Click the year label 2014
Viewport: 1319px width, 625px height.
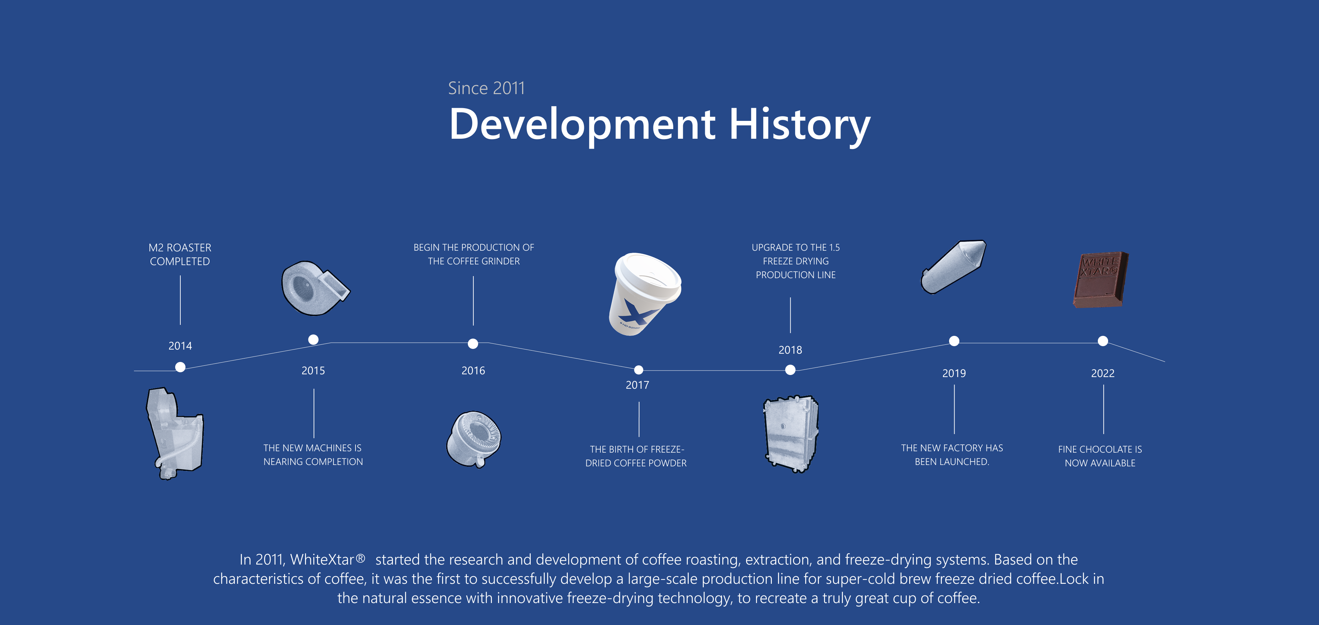[x=180, y=346]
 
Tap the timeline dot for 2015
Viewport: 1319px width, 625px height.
[x=313, y=339]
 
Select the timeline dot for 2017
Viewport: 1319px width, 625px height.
[x=639, y=370]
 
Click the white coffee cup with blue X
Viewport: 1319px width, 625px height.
[x=644, y=294]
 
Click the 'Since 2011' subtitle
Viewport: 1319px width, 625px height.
[x=486, y=88]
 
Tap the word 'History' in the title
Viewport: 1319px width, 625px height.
[x=799, y=125]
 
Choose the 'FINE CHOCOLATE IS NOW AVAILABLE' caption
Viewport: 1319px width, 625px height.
[x=1100, y=456]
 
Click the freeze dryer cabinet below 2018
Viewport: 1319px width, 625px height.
[x=791, y=434]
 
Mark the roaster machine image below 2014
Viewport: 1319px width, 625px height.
[x=174, y=433]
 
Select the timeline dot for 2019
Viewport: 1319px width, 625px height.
[x=954, y=341]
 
